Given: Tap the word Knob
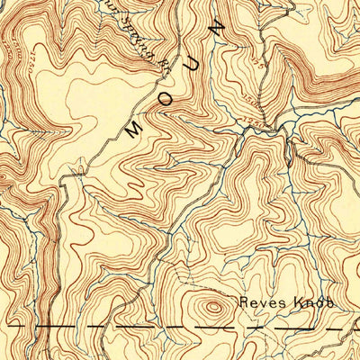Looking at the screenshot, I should (x=313, y=303).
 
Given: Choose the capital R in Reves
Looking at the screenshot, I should (x=244, y=303).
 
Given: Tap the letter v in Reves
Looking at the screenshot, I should (x=261, y=304).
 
